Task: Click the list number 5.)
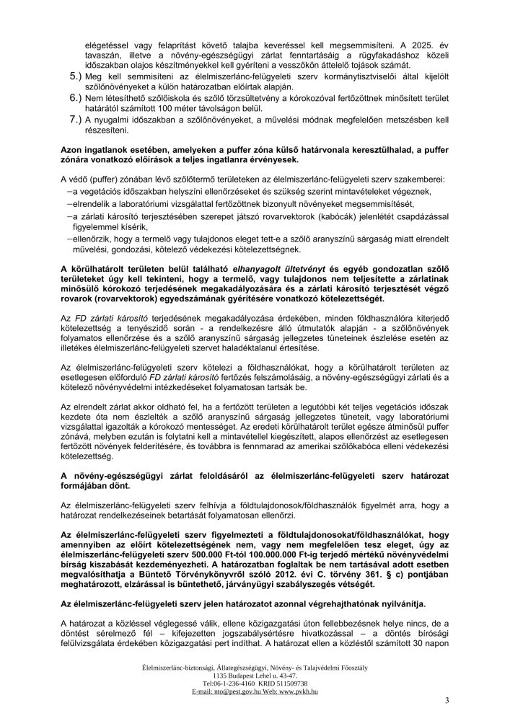point(75,76)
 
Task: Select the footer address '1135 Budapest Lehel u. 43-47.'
point(255,675)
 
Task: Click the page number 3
point(447,700)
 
